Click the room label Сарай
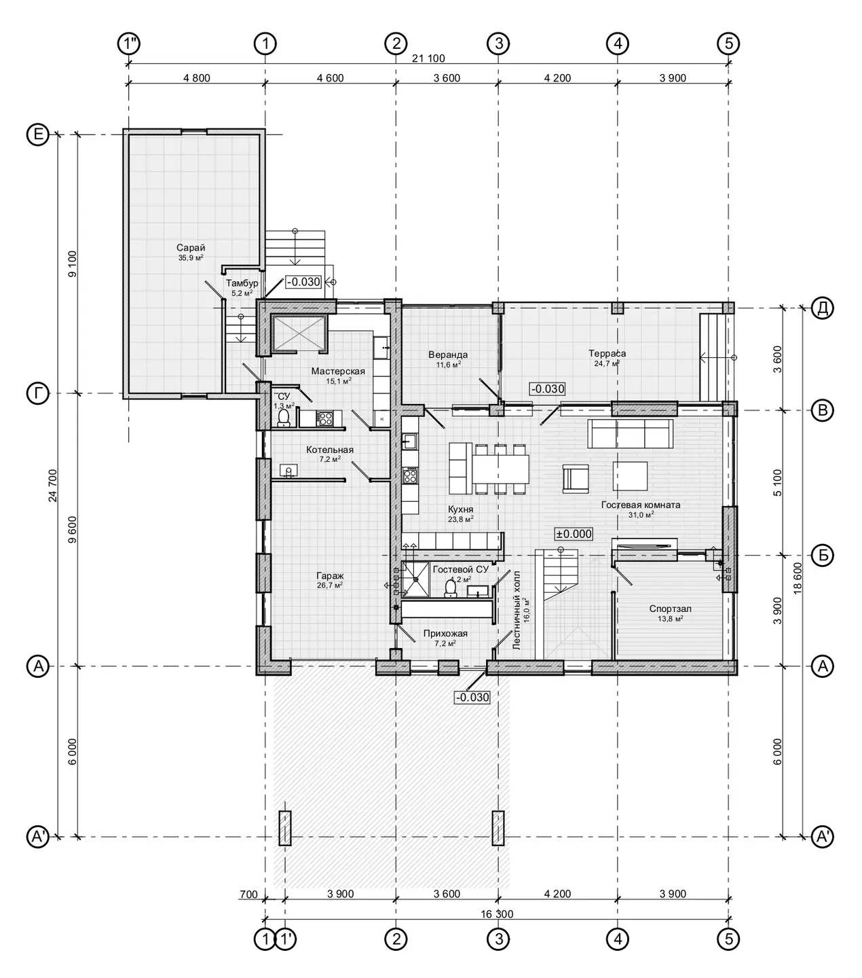[191, 248]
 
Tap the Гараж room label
[330, 575]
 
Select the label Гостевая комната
[641, 505]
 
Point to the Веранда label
[448, 355]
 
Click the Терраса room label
[607, 353]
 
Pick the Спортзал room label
[670, 609]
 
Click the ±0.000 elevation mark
[574, 533]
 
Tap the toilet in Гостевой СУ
[451, 588]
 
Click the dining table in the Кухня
[500, 469]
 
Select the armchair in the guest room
[576, 478]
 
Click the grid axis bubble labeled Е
[37, 134]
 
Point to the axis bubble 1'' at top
[129, 44]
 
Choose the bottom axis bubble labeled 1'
[285, 939]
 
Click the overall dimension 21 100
[428, 58]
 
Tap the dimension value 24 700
[52, 486]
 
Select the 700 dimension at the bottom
[248, 894]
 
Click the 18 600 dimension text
[798, 578]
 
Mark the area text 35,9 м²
[191, 258]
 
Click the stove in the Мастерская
[324, 418]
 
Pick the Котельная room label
[330, 450]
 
